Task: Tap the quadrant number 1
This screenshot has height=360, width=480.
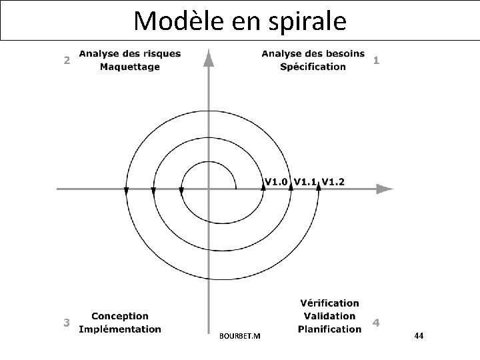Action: pyautogui.click(x=377, y=60)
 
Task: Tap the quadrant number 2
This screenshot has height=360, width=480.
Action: pyautogui.click(x=66, y=60)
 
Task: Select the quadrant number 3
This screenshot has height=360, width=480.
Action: pyautogui.click(x=66, y=323)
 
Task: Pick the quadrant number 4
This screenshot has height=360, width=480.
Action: pyautogui.click(x=377, y=323)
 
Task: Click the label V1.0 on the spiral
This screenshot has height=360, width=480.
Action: pyautogui.click(x=277, y=181)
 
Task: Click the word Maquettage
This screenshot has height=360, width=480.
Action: pyautogui.click(x=130, y=66)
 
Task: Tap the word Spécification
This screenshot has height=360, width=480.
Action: pyautogui.click(x=313, y=66)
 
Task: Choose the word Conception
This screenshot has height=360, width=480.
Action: pyautogui.click(x=120, y=316)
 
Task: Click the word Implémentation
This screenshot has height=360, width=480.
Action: pyautogui.click(x=120, y=329)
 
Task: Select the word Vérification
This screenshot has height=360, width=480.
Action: pyautogui.click(x=329, y=303)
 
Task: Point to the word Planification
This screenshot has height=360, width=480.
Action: pyautogui.click(x=329, y=329)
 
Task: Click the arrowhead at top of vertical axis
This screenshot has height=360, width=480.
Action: pyautogui.click(x=209, y=58)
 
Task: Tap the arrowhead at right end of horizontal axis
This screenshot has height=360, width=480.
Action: pyautogui.click(x=384, y=189)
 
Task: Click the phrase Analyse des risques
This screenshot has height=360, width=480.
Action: pyautogui.click(x=129, y=53)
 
